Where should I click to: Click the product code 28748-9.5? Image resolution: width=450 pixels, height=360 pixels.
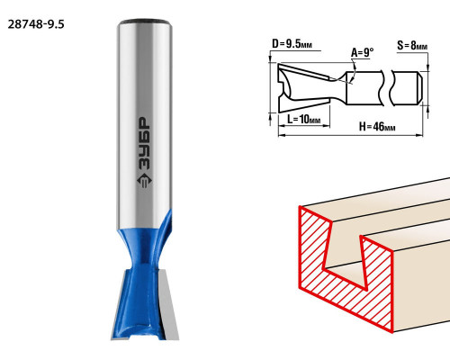coord(36,24)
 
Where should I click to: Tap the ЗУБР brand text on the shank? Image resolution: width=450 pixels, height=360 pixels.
coord(144,143)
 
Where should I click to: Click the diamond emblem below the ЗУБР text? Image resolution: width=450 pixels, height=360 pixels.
coord(144,181)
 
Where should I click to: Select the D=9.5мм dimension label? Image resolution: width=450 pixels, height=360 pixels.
coord(292,44)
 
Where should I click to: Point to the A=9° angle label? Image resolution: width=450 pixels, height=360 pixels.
coord(363,52)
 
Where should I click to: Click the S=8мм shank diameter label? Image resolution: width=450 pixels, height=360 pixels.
coord(412,45)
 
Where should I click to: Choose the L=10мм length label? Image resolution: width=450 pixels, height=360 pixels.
coord(304,119)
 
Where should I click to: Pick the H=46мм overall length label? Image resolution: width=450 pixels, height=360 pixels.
coord(377,127)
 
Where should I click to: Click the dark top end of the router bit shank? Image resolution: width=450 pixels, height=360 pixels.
coord(144,22)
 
